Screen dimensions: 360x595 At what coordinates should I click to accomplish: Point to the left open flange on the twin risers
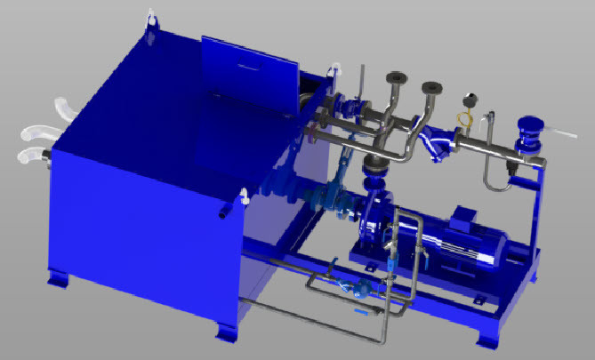(x=394, y=78)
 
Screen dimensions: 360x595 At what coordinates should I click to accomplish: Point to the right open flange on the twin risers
(x=432, y=88)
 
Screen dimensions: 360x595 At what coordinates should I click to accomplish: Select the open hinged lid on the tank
(x=250, y=67)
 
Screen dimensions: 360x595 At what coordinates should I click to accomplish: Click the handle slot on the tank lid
(x=254, y=64)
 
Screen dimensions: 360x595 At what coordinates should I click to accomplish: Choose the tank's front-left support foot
(x=59, y=279)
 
